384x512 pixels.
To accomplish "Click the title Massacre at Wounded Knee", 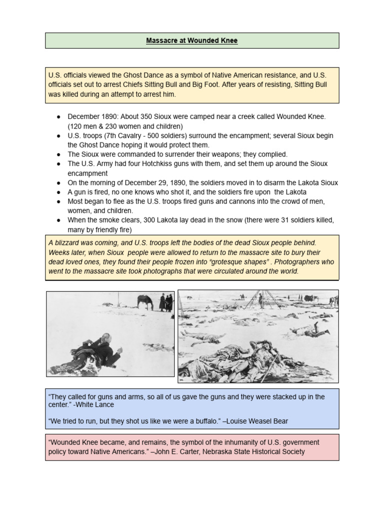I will click(x=192, y=40).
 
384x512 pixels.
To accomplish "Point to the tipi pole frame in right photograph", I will click(x=260, y=300).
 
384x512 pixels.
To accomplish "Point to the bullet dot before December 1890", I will click(x=58, y=116).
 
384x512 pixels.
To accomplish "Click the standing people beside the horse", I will click(x=165, y=302).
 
